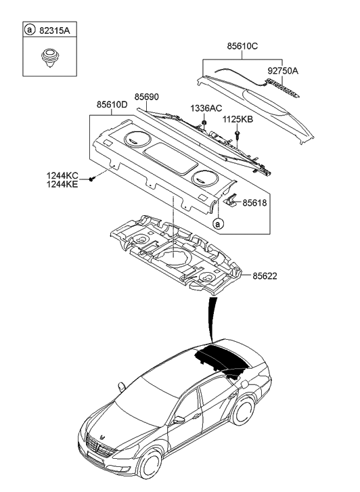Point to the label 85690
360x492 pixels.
147,97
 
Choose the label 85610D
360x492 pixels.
112,106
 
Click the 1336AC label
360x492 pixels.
206,108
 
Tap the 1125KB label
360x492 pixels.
238,120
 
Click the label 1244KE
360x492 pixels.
63,183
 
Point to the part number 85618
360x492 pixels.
255,202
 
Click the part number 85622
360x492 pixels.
265,276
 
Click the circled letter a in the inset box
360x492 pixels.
29,30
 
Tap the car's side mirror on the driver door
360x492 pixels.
179,420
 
